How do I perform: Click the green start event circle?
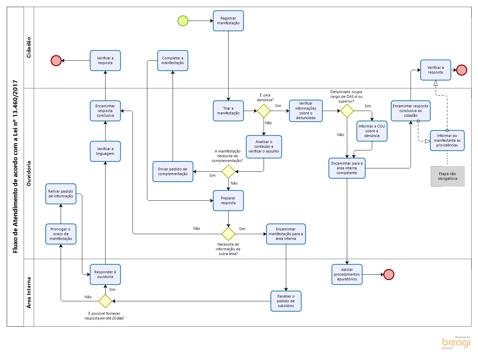pyautogui.click(x=183, y=21)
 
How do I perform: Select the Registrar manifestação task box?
pyautogui.click(x=228, y=21)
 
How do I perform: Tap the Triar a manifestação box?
pyautogui.click(x=228, y=111)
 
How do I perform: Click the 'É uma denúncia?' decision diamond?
pyautogui.click(x=264, y=111)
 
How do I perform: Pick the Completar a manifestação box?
pyautogui.click(x=173, y=61)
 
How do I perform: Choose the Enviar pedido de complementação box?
pyautogui.click(x=173, y=171)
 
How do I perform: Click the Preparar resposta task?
pyautogui.click(x=228, y=200)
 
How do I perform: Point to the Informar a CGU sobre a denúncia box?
pyautogui.click(x=372, y=131)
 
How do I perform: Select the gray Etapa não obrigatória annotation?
pyautogui.click(x=448, y=176)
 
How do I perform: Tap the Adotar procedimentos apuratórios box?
pyautogui.click(x=347, y=274)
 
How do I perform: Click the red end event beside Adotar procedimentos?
pyautogui.click(x=389, y=274)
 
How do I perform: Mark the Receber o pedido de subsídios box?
pyautogui.click(x=286, y=301)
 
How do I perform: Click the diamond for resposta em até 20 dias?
pyautogui.click(x=105, y=301)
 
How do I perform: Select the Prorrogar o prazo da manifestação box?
pyautogui.click(x=61, y=234)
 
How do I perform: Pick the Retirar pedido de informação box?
pyautogui.click(x=61, y=194)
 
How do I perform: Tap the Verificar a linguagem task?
pyautogui.click(x=105, y=151)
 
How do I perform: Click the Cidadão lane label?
pyautogui.click(x=29, y=47)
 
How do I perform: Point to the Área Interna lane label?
pyautogui.click(x=29, y=293)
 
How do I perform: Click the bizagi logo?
pyautogui.click(x=456, y=342)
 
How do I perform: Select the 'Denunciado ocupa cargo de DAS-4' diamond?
pyautogui.click(x=347, y=111)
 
